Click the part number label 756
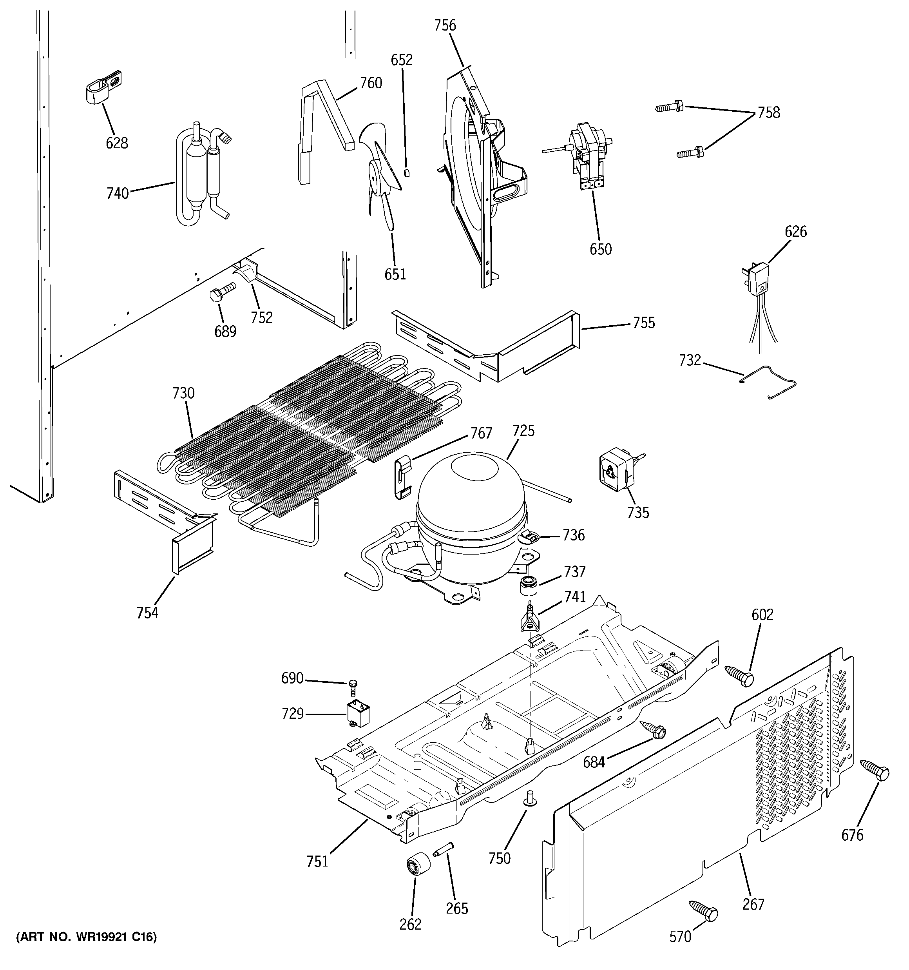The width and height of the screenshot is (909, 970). pyautogui.click(x=445, y=25)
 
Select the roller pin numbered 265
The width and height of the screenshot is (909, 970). pyautogui.click(x=443, y=849)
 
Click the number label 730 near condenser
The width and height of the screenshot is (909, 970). pyautogui.click(x=183, y=393)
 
